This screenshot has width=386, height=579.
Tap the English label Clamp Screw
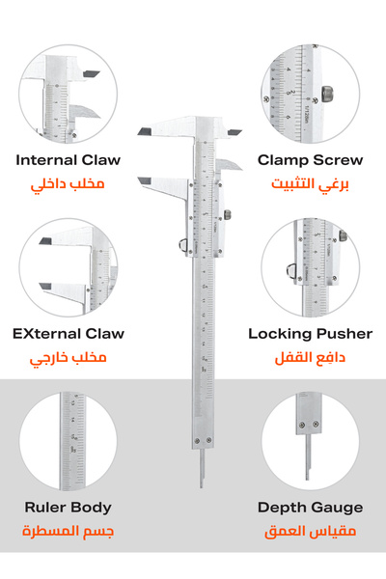[310, 160]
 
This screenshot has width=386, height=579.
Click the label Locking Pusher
[310, 334]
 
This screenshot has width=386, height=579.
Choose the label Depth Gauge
[310, 508]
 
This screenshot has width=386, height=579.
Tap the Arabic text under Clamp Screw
[310, 184]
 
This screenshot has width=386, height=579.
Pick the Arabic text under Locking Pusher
[310, 358]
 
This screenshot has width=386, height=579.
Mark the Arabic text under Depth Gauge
[310, 532]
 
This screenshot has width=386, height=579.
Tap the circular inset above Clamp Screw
[310, 93]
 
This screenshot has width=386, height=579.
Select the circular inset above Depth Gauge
[310, 440]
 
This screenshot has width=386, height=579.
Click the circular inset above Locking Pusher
[310, 266]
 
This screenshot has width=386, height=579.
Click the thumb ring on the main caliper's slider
[179, 246]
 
